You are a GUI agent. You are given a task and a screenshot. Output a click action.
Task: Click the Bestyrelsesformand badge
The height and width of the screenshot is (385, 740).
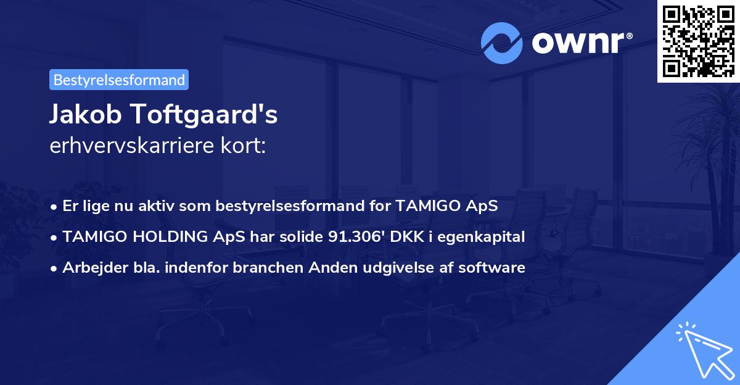pos(119,80)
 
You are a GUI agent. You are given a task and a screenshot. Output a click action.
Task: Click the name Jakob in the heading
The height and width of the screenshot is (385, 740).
pos(80,115)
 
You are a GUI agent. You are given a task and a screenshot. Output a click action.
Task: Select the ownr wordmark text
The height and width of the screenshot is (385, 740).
pos(580,43)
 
